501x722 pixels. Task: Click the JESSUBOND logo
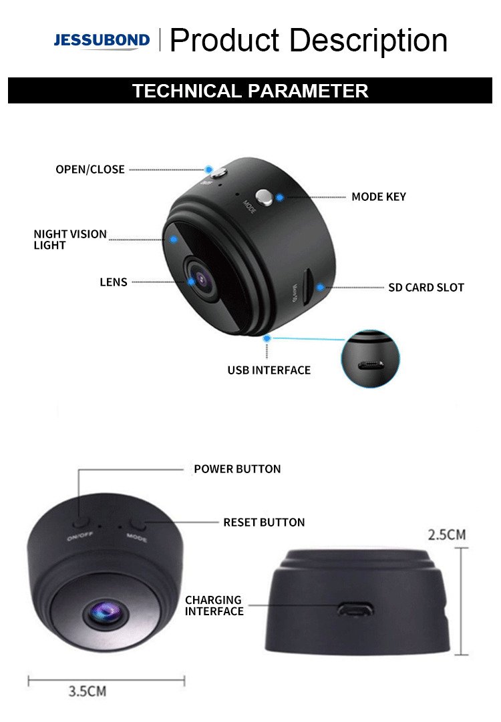[102, 41]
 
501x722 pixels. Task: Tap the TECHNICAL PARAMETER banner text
[250, 91]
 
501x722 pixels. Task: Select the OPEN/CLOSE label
[90, 169]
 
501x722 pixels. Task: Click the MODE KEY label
[379, 197]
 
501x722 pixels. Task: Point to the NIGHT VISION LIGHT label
[70, 240]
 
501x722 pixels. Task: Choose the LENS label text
[114, 282]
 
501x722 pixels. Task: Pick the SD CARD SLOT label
[426, 288]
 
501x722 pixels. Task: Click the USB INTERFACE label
[269, 370]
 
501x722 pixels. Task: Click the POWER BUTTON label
[237, 469]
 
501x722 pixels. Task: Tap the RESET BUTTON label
[264, 522]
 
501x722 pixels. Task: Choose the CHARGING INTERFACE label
[214, 605]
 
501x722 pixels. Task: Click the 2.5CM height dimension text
[447, 534]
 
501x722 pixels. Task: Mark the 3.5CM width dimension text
[87, 691]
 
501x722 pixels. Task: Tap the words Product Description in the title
[309, 40]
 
